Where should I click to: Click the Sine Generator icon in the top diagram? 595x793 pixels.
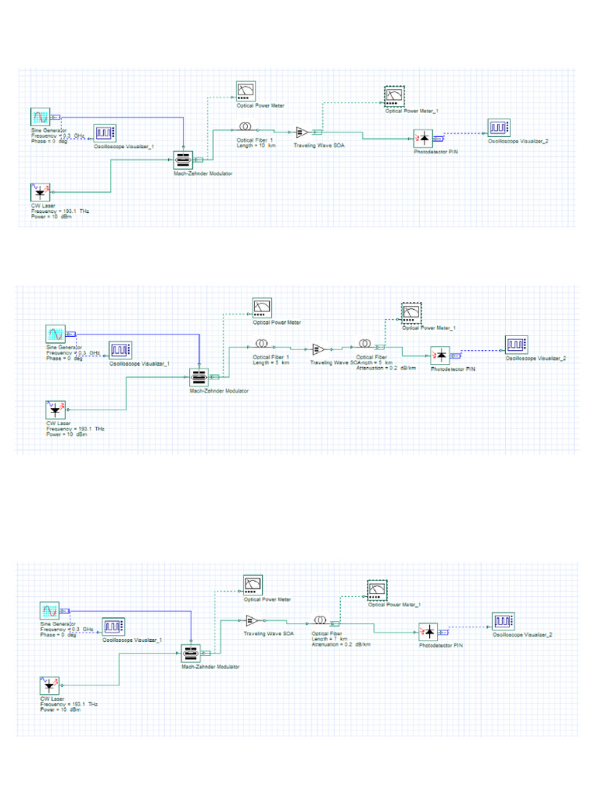pos(39,118)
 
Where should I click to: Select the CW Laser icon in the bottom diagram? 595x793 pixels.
pos(49,685)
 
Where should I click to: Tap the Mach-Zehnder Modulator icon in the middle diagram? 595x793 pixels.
pos(200,378)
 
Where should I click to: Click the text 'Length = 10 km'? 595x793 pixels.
pos(256,146)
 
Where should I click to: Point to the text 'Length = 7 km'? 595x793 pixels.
pos(328,639)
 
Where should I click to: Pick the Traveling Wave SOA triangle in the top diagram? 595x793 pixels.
pos(302,132)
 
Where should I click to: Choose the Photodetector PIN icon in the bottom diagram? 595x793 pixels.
pos(429,632)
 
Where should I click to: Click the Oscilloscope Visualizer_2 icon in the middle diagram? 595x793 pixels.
pos(517,343)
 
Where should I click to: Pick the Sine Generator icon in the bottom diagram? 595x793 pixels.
pos(48,611)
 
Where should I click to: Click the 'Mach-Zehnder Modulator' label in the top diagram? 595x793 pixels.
pos(203,173)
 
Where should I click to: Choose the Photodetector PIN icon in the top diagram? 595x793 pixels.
pos(423,138)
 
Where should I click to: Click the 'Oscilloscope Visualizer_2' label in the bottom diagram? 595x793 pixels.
pos(523,634)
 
